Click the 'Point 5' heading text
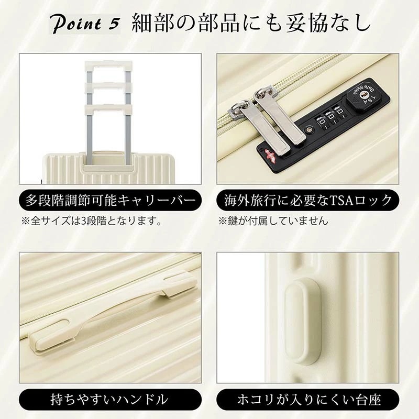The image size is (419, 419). (x=86, y=24)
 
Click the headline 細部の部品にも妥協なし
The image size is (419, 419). (x=251, y=24)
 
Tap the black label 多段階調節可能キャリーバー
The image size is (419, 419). (x=110, y=201)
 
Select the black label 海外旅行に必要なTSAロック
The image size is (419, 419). (x=308, y=201)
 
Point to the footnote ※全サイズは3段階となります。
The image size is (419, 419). (x=91, y=221)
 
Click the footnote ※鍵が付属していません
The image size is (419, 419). (x=273, y=221)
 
